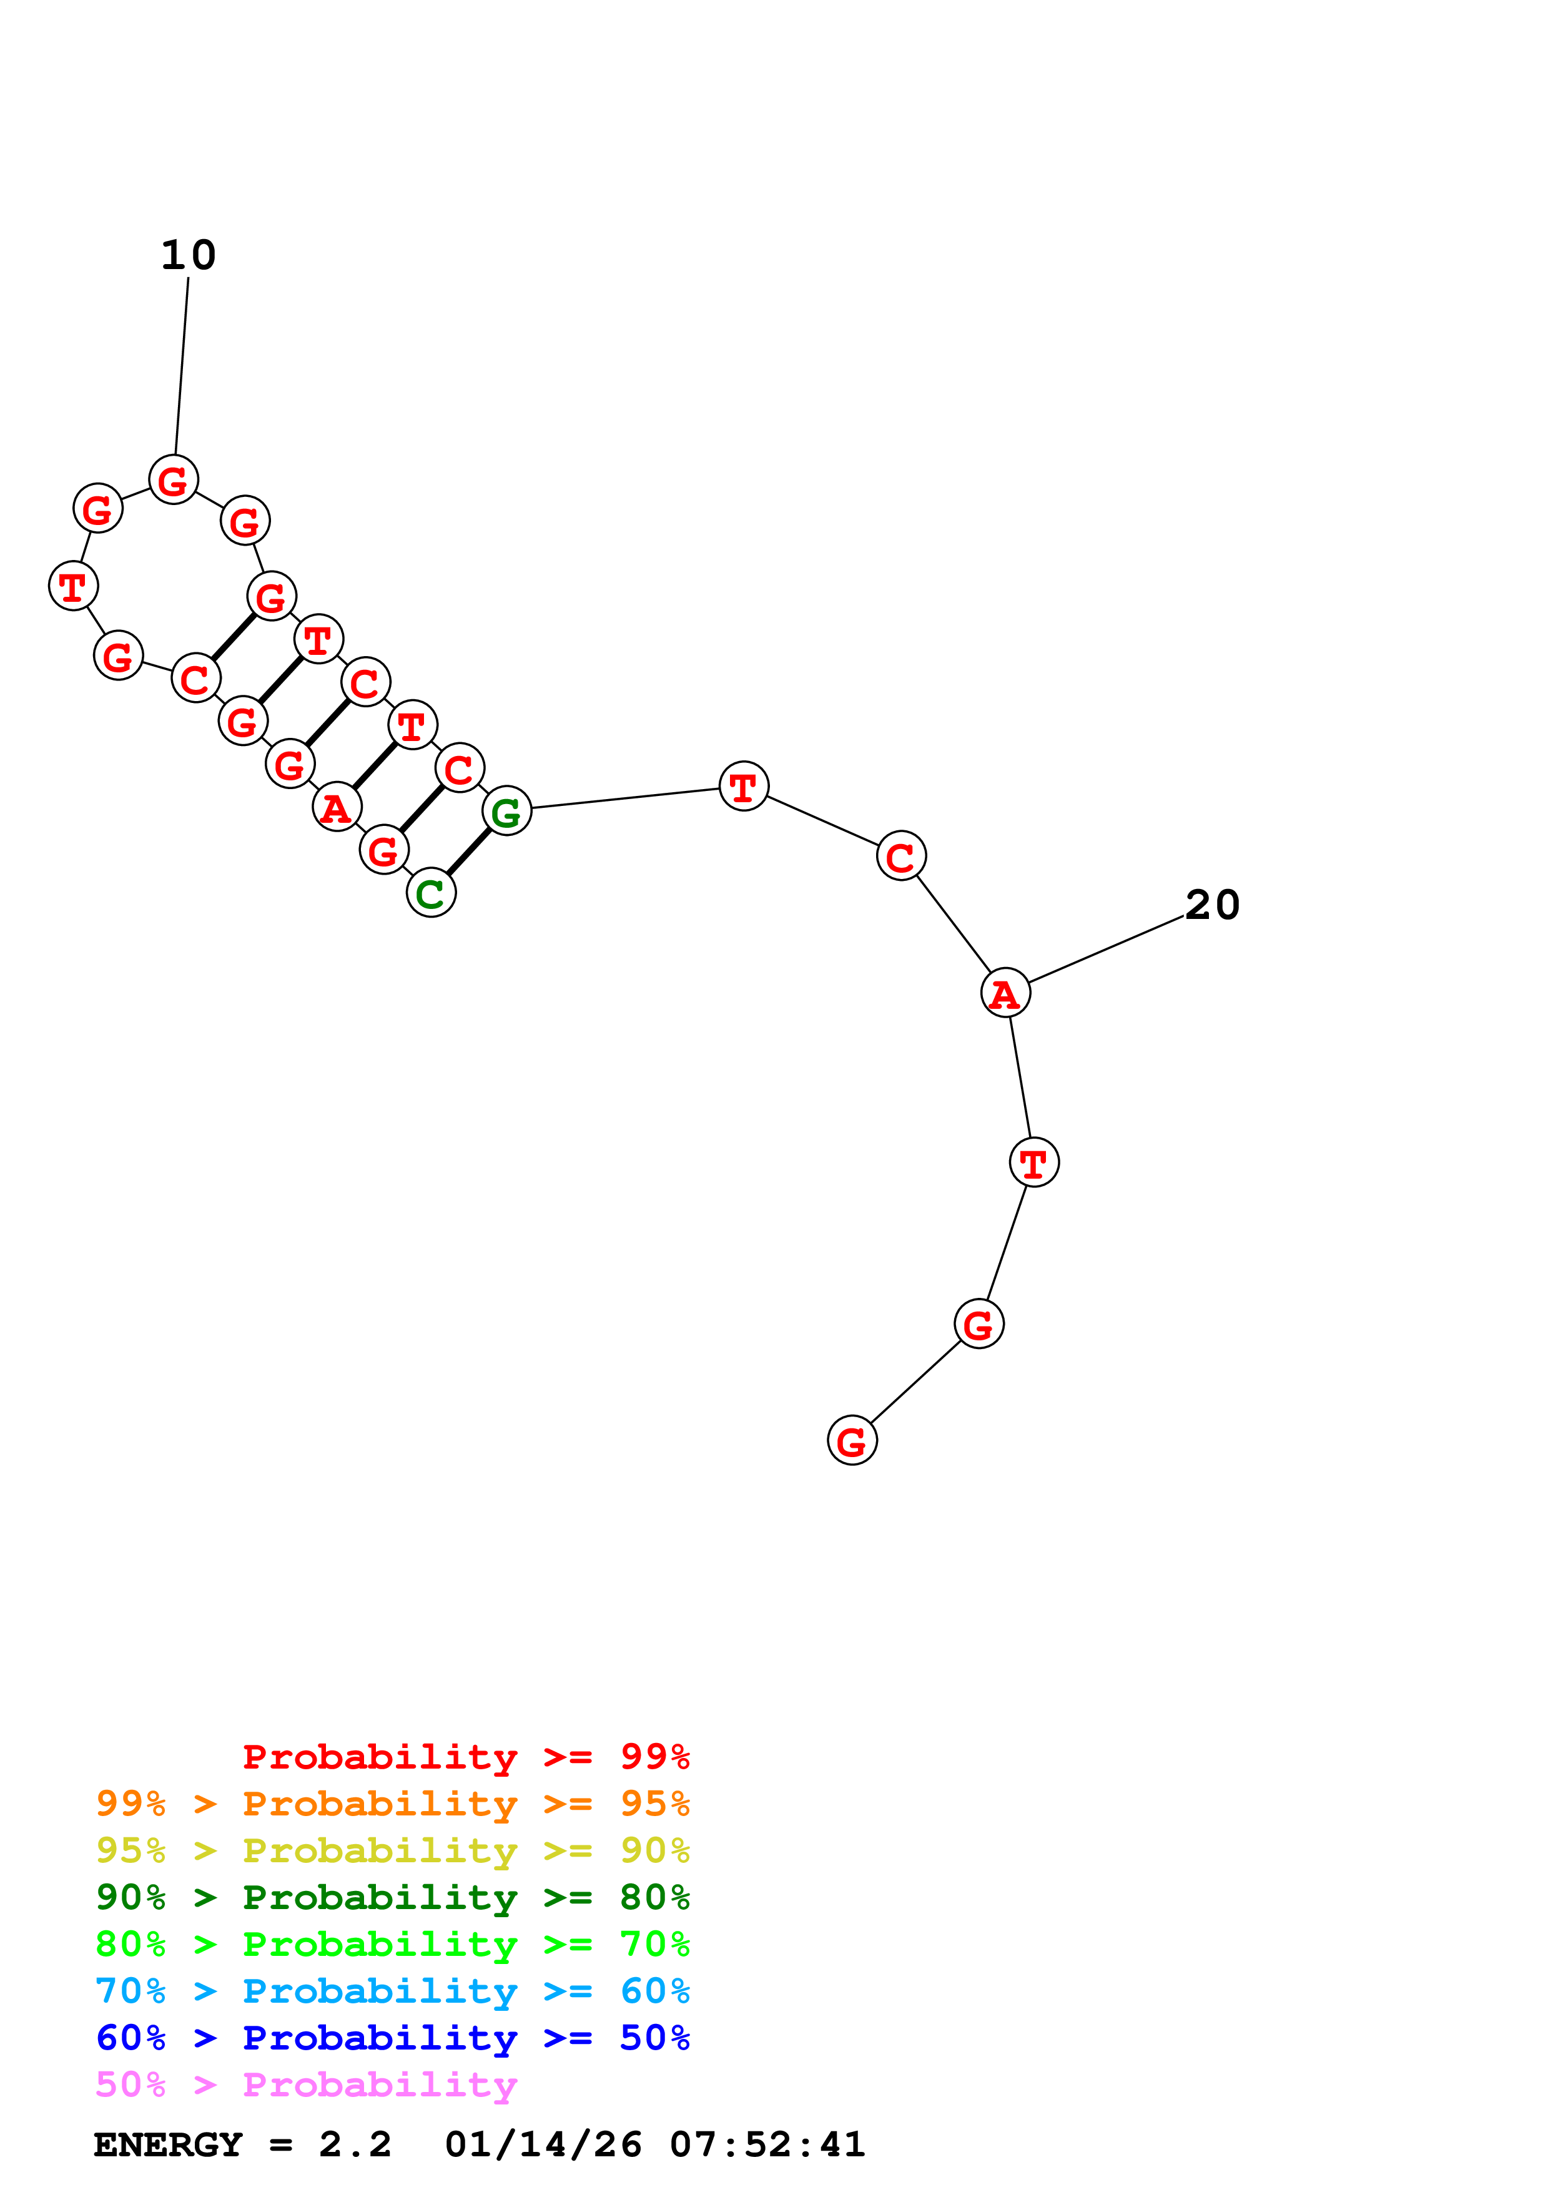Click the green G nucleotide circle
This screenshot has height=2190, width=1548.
pos(506,811)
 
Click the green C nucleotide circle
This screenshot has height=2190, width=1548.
pos(431,893)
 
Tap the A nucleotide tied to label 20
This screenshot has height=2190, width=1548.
pos(1005,993)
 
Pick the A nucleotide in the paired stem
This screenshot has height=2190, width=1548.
pos(337,807)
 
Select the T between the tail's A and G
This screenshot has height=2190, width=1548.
pos(1034,1162)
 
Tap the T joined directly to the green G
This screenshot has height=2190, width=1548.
pos(744,786)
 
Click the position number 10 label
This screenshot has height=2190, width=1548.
pos(189,255)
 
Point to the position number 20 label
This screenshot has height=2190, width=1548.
pos(1212,904)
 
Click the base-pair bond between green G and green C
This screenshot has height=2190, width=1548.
pos(469,852)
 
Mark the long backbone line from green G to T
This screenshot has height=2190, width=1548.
pos(624,797)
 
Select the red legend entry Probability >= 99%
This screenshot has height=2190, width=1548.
pos(465,1756)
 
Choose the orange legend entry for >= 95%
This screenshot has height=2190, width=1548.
pos(393,1803)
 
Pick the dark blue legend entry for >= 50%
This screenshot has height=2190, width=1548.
pos(393,2038)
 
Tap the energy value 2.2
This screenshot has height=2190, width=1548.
pos(355,2144)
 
